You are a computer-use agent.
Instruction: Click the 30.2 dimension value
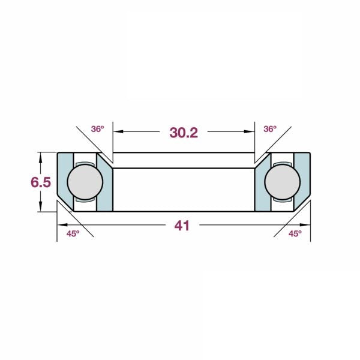(x=184, y=133)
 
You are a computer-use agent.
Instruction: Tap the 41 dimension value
(x=182, y=226)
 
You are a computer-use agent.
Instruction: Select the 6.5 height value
(x=41, y=182)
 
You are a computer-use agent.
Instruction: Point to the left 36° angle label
(x=98, y=129)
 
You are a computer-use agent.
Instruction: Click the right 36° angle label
(x=270, y=129)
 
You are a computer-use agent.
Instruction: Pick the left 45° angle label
(x=73, y=234)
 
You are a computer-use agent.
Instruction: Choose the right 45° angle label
(x=295, y=234)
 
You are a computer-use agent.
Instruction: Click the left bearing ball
(x=85, y=182)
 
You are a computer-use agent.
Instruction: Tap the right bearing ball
(x=283, y=182)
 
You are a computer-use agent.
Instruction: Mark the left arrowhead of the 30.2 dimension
(x=118, y=131)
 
